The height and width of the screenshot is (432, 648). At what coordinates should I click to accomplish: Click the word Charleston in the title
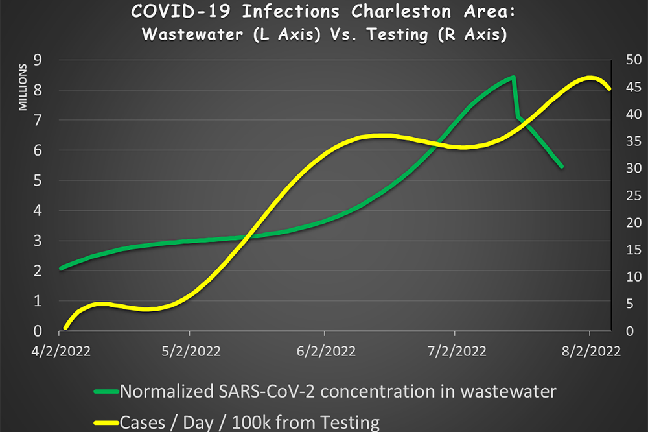click(x=400, y=11)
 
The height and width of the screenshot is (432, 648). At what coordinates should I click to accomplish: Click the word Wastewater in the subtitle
click(x=192, y=34)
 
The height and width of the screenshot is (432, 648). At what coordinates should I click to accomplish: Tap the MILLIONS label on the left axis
click(x=23, y=87)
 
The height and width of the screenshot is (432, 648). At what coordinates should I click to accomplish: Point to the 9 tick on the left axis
click(x=38, y=60)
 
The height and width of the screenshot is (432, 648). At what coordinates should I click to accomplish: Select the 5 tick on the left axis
click(x=38, y=180)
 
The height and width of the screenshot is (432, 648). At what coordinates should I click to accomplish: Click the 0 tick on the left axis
click(x=38, y=331)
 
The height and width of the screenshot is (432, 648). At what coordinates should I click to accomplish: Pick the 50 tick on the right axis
click(x=634, y=60)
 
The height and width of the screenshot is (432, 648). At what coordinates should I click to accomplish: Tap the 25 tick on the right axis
click(x=634, y=195)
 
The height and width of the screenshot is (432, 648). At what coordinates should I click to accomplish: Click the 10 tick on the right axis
click(x=634, y=276)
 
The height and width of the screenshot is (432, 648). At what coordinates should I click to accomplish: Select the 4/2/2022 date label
click(x=61, y=352)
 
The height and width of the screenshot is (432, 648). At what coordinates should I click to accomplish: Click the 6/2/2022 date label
click(x=326, y=352)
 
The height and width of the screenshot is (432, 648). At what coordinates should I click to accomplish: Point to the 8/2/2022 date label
click(x=591, y=352)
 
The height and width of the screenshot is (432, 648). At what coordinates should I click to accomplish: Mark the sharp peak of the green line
click(x=514, y=77)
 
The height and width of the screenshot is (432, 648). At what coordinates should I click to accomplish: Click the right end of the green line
click(x=562, y=166)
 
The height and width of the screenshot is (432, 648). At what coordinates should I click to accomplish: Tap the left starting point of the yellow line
click(x=65, y=328)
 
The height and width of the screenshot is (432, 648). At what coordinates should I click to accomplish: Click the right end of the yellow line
click(x=610, y=89)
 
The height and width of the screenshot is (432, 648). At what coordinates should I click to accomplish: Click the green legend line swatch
click(x=106, y=391)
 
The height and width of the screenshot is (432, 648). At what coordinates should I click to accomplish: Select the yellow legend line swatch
click(x=106, y=422)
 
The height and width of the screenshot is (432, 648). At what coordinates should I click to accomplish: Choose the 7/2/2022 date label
click(x=457, y=352)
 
